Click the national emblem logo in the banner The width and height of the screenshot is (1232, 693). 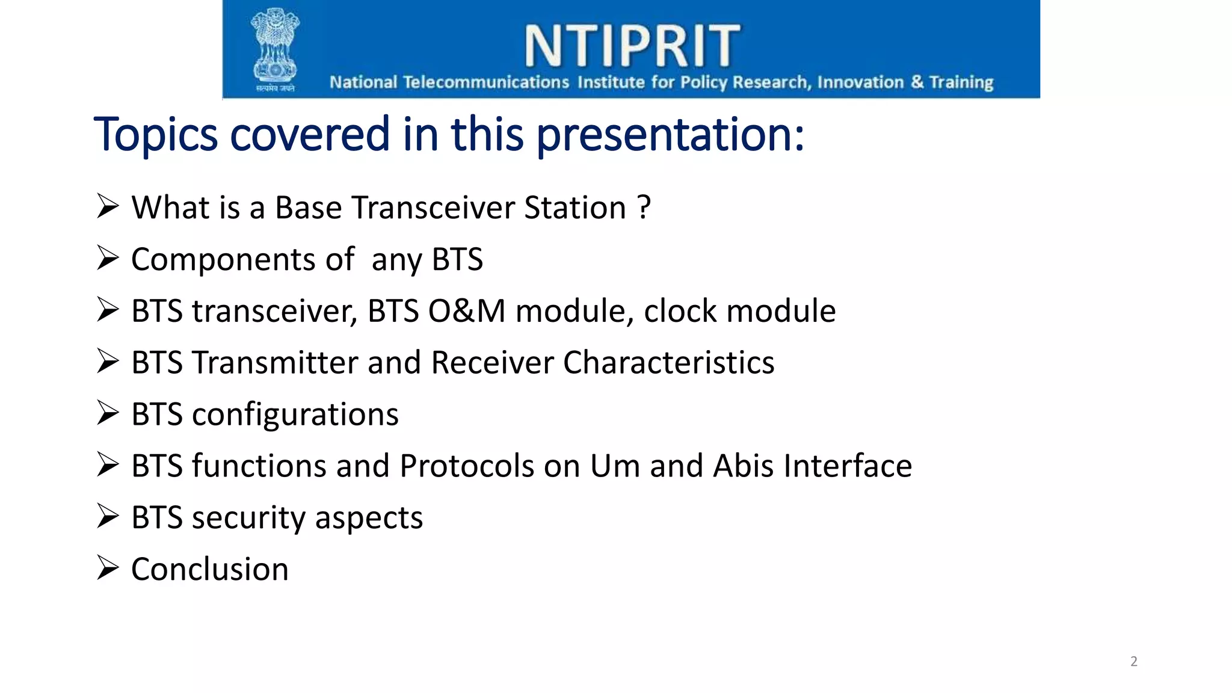click(x=275, y=49)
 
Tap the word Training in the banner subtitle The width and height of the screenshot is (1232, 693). click(x=961, y=82)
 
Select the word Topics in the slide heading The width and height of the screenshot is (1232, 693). click(x=155, y=135)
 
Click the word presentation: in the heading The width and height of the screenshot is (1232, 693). click(x=670, y=135)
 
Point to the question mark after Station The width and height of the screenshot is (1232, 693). click(x=644, y=208)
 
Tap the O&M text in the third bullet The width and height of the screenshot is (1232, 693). click(x=466, y=312)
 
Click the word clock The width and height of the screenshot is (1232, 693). click(x=680, y=312)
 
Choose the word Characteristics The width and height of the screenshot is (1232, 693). click(x=668, y=363)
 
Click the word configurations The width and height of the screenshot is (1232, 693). click(x=295, y=415)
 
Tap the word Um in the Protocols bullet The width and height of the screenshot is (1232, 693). click(x=615, y=466)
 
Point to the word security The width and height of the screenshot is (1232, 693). click(x=248, y=518)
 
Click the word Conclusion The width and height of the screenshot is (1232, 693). click(x=209, y=570)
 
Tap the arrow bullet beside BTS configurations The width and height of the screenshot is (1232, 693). click(x=108, y=413)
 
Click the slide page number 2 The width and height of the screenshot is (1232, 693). click(x=1133, y=662)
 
